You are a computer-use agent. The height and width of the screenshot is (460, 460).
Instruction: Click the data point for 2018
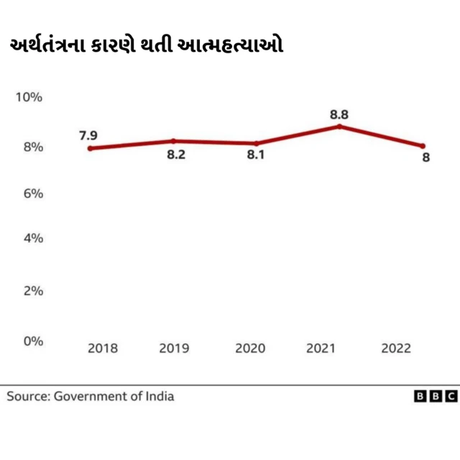click(x=90, y=149)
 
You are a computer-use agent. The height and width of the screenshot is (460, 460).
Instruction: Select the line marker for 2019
click(x=173, y=141)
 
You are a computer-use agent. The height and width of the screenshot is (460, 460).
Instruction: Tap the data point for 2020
click(x=256, y=144)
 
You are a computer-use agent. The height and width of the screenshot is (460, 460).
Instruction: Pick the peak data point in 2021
click(x=339, y=126)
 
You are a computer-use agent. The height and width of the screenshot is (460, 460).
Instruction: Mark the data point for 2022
click(x=423, y=146)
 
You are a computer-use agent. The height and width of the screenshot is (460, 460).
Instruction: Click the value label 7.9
click(x=88, y=134)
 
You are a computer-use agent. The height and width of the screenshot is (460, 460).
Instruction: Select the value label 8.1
click(x=256, y=155)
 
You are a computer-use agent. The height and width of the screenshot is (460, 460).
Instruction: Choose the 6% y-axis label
click(x=29, y=194)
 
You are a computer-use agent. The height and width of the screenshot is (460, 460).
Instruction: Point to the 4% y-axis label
click(x=29, y=238)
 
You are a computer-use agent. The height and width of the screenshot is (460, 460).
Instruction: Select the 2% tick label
click(x=29, y=291)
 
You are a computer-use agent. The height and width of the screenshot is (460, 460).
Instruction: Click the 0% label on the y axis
click(x=29, y=341)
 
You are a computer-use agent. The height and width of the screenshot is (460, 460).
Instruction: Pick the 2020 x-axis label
click(x=250, y=349)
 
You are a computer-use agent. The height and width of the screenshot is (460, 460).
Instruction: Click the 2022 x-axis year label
click(x=396, y=349)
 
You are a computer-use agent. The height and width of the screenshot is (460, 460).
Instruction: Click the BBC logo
click(x=436, y=396)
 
